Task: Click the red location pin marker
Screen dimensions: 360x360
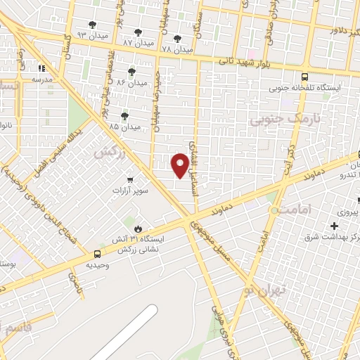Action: tap(180, 165)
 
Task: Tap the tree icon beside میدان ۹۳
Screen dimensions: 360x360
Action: tap(93, 25)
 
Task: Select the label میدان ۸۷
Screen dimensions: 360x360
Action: tap(138, 43)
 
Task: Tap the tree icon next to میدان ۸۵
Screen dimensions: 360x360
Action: tap(125, 116)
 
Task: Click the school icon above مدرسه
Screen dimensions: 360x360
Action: tap(41, 69)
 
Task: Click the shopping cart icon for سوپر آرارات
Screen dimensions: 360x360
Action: tap(129, 179)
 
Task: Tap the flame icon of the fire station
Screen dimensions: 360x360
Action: tap(137, 229)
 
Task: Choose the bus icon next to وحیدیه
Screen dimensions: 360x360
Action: tap(97, 254)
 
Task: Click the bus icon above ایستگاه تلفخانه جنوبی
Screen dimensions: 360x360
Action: tap(304, 77)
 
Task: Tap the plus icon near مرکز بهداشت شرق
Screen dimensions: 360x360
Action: tap(335, 226)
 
